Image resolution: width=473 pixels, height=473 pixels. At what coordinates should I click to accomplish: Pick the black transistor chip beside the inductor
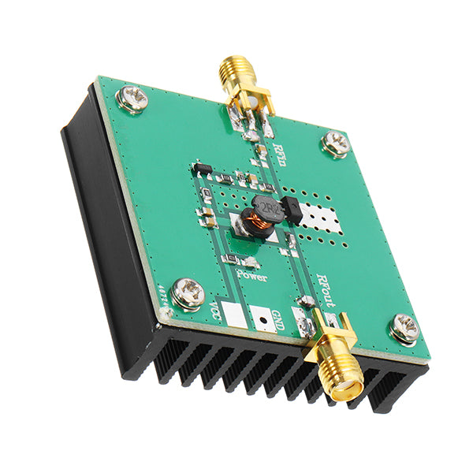[x=290, y=211]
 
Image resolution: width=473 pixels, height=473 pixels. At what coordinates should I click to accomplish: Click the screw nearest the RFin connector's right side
[x=336, y=143]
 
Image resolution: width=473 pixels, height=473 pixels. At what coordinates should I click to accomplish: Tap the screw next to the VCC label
[x=188, y=293]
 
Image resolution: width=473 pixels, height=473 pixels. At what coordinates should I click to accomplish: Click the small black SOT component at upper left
[x=202, y=169]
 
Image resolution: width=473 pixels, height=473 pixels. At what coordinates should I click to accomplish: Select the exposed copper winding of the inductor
[x=254, y=229]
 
